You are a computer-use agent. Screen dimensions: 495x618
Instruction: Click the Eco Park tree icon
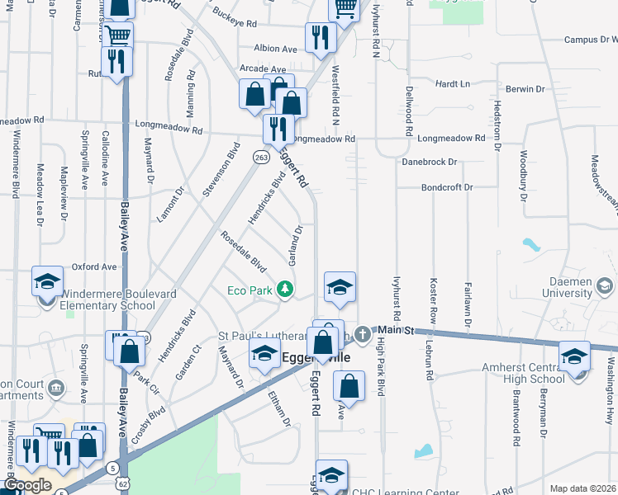(285, 289)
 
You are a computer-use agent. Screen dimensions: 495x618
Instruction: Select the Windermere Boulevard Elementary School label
(102, 299)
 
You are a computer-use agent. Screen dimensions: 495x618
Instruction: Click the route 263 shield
(261, 157)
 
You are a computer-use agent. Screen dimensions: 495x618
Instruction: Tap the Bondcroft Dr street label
(446, 187)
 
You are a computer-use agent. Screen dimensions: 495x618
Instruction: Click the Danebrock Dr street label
(429, 163)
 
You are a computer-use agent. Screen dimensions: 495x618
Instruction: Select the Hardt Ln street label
(452, 84)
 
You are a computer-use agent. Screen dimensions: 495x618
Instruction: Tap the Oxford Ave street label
(93, 266)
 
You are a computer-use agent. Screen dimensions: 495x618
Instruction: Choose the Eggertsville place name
(317, 357)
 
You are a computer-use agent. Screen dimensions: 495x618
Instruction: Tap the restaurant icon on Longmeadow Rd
(278, 128)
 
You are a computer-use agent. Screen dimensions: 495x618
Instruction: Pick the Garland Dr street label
(294, 245)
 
